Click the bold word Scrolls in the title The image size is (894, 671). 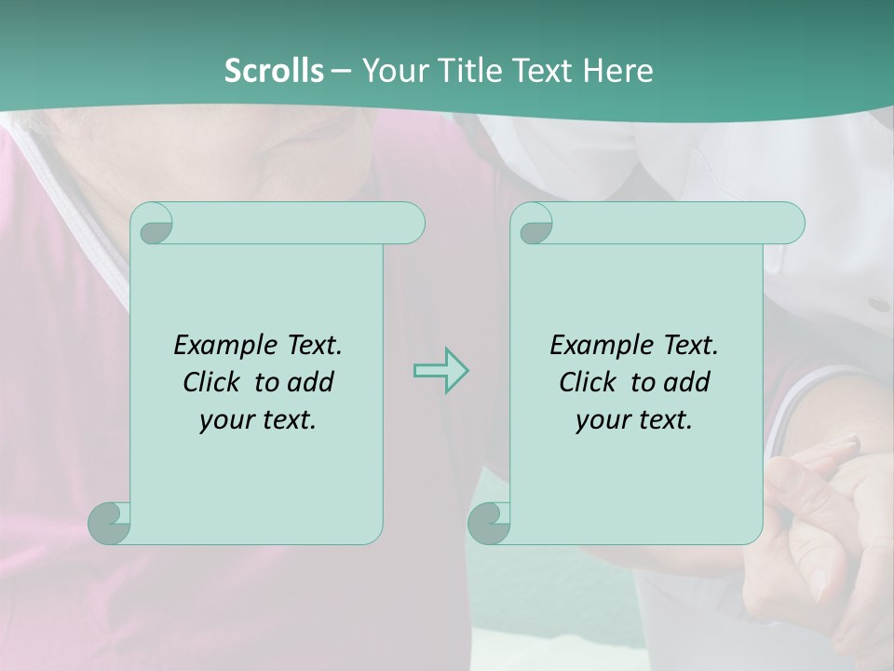point(274,71)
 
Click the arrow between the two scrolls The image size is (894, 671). point(440,371)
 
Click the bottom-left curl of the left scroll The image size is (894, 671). point(109,523)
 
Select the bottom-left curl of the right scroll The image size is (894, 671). point(489,523)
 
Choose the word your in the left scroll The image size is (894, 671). point(224,420)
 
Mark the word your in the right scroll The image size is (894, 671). point(601,420)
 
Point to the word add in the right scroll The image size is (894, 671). point(687,382)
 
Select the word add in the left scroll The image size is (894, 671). point(311,382)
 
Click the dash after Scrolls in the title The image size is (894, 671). point(341,71)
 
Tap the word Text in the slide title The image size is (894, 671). point(541,71)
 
